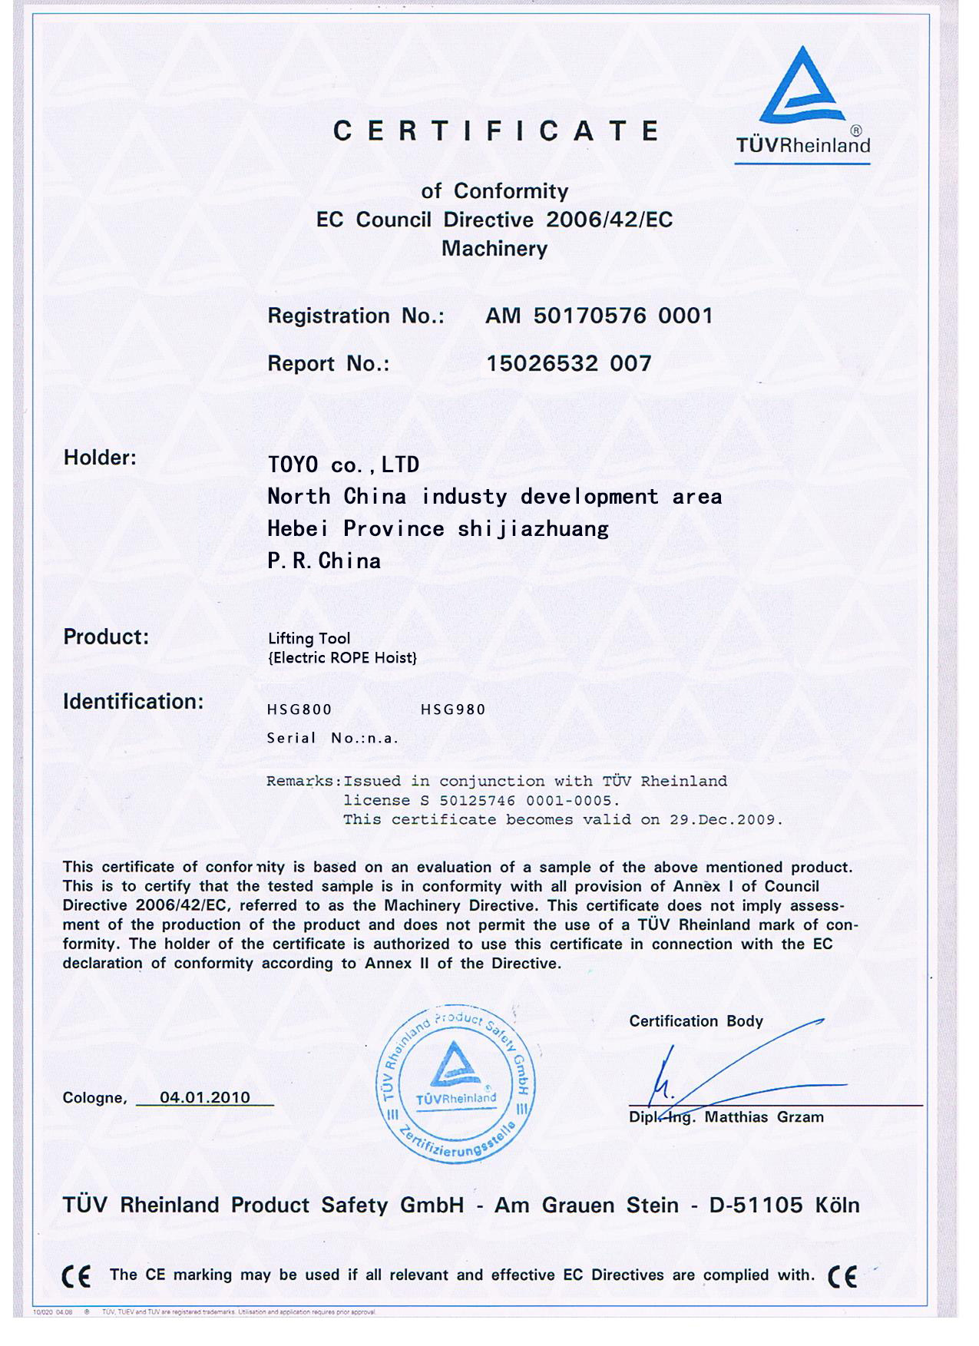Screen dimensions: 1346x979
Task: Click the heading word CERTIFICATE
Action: [496, 131]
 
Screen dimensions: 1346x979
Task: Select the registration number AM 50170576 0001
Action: [599, 316]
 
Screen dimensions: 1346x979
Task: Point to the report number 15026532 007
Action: [568, 363]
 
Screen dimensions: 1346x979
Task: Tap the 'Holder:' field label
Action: [100, 458]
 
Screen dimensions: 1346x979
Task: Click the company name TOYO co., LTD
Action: [343, 465]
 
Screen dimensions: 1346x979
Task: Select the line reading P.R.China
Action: [323, 561]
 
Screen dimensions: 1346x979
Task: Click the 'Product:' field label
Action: [106, 637]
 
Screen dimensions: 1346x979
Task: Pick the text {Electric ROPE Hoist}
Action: [342, 658]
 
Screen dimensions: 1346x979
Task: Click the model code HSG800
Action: [299, 709]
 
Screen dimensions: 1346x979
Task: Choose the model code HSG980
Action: [453, 709]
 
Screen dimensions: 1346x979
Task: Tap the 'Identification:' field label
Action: [133, 701]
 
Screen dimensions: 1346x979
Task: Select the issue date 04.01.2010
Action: [204, 1097]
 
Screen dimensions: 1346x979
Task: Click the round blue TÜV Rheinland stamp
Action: [455, 1083]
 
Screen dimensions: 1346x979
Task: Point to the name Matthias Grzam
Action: [764, 1117]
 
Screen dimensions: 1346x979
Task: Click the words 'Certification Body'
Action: [696, 1021]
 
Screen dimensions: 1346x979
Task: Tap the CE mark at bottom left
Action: [76, 1275]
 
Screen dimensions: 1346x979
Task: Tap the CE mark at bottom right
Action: [842, 1275]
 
